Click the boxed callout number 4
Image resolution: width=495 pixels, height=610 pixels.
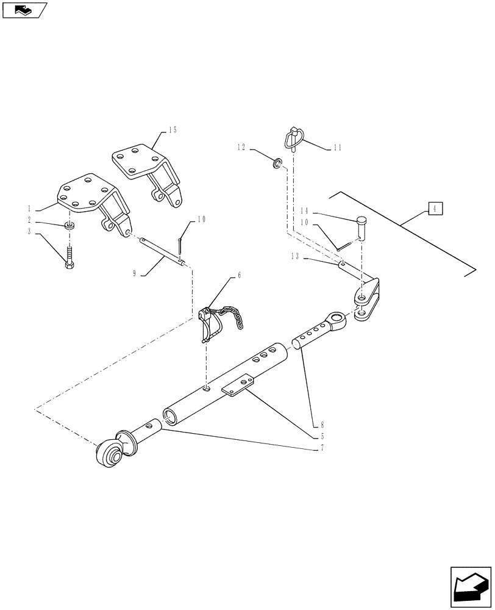435,209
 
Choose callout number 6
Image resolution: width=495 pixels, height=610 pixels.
239,275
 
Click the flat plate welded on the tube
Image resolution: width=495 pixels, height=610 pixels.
237,385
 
